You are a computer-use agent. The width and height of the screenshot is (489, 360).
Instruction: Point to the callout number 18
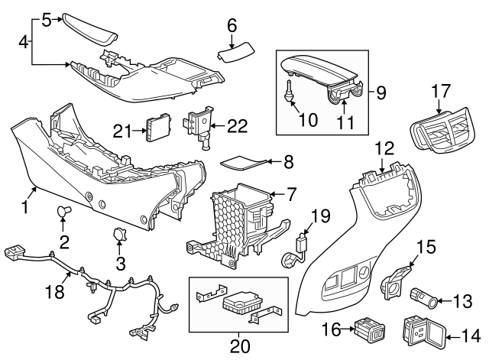click(x=53, y=294)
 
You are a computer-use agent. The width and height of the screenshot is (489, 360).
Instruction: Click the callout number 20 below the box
click(x=238, y=345)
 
